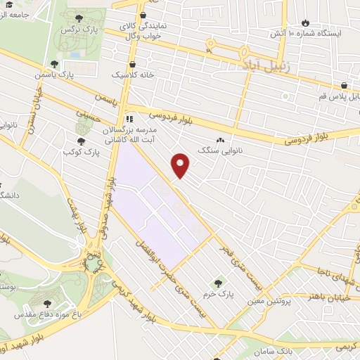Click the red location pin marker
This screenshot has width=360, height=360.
click(181, 165)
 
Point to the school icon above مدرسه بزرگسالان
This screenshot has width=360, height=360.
click(128, 118)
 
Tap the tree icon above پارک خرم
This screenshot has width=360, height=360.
click(217, 283)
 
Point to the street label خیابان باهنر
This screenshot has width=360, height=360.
click(327, 297)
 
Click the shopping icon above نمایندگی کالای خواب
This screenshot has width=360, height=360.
click(143, 15)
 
